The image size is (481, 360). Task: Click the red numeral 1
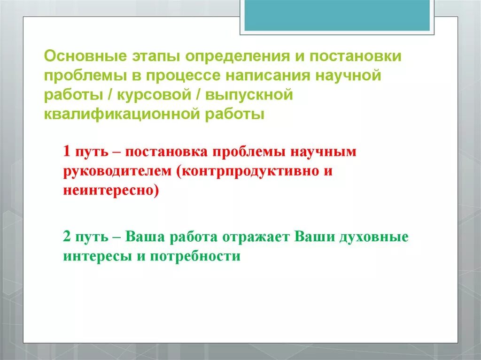(x=67, y=152)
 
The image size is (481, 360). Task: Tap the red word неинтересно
(x=109, y=191)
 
